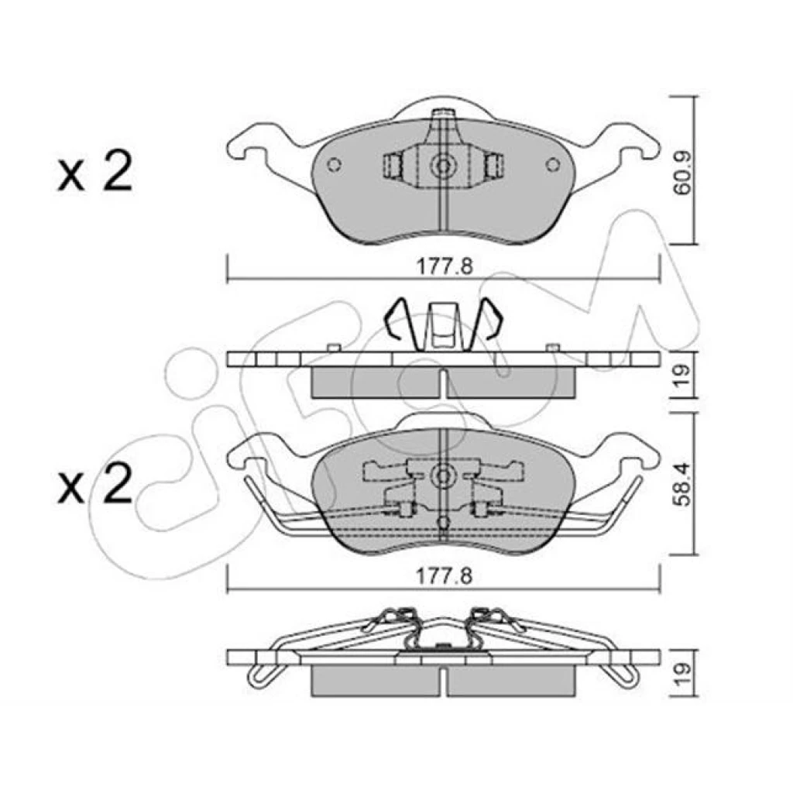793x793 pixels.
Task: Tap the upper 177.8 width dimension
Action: [x=444, y=266]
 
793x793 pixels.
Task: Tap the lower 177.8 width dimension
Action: [x=444, y=576]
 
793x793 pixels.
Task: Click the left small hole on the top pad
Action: [x=335, y=164]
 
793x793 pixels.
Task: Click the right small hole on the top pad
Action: [x=554, y=164]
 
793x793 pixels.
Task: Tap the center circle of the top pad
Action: [x=444, y=166]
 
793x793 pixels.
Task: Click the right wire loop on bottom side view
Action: [x=622, y=675]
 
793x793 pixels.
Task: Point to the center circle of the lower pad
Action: [x=444, y=476]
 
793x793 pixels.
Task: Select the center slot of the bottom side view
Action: [x=444, y=680]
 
